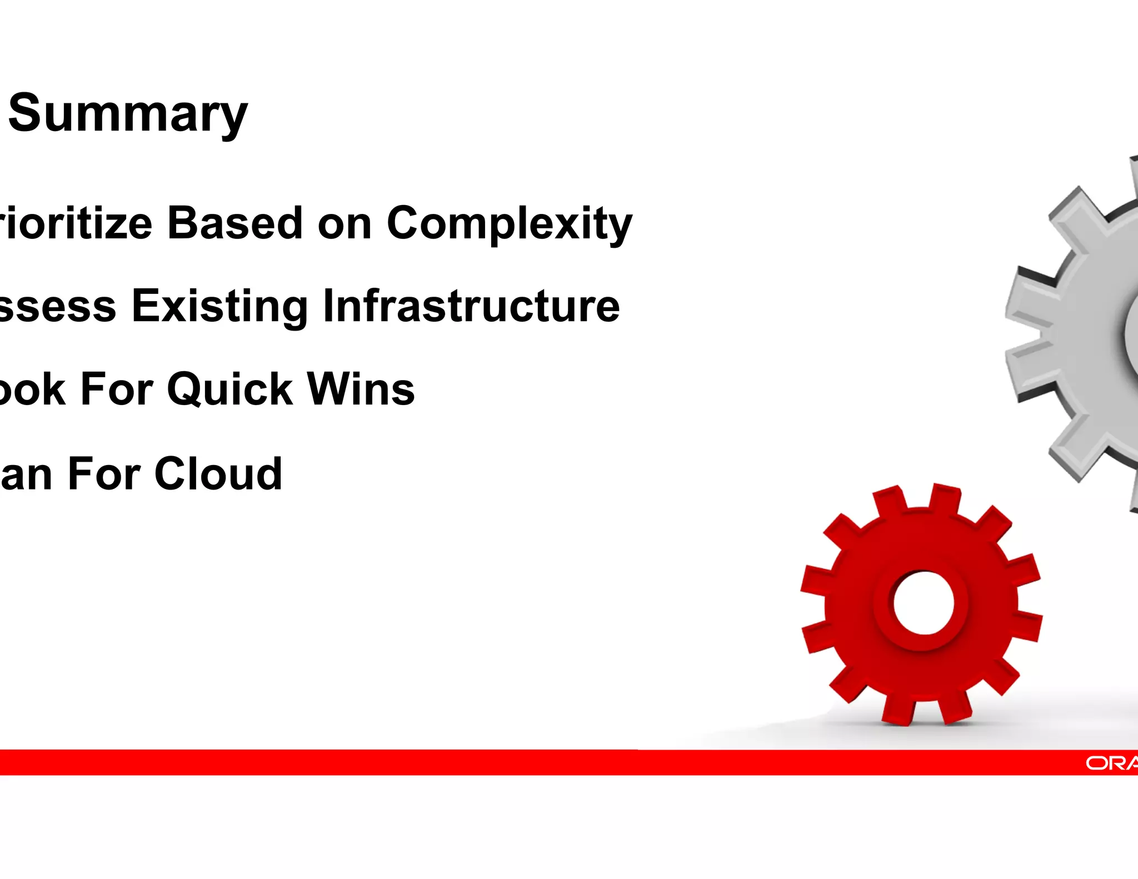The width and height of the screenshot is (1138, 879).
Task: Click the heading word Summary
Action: pyautogui.click(x=128, y=114)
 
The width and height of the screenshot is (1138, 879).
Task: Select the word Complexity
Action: pyautogui.click(x=509, y=224)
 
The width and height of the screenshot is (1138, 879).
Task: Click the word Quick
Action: pyautogui.click(x=229, y=389)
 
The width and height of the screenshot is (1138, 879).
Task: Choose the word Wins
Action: pyautogui.click(x=361, y=389)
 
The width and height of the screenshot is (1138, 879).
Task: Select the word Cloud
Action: pyautogui.click(x=218, y=473)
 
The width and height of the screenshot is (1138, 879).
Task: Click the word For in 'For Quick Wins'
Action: pyautogui.click(x=116, y=389)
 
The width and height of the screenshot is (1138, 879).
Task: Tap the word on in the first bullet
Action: pyautogui.click(x=345, y=224)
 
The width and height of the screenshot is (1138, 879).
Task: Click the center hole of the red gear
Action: pyautogui.click(x=924, y=603)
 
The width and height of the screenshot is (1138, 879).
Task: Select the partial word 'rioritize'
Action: pyautogui.click(x=75, y=223)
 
